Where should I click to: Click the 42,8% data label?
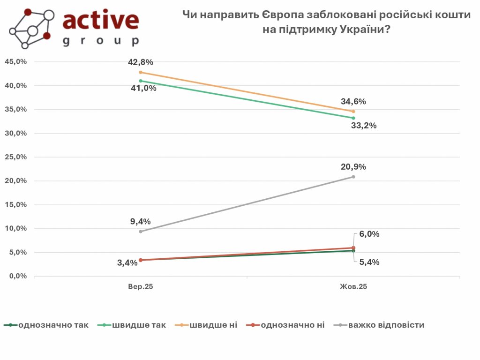(141, 62)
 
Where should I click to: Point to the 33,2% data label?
(364, 126)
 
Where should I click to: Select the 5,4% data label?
(370, 262)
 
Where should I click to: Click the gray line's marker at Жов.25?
(353, 177)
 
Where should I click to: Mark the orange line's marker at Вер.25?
(141, 72)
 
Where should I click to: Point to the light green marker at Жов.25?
(353, 118)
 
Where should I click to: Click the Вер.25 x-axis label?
(141, 286)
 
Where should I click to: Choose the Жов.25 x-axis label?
(353, 286)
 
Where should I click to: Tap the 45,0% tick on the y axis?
(16, 62)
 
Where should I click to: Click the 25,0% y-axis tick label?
(16, 157)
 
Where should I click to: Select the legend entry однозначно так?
(53, 325)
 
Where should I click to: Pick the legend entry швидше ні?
(213, 325)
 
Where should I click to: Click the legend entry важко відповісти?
(386, 325)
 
